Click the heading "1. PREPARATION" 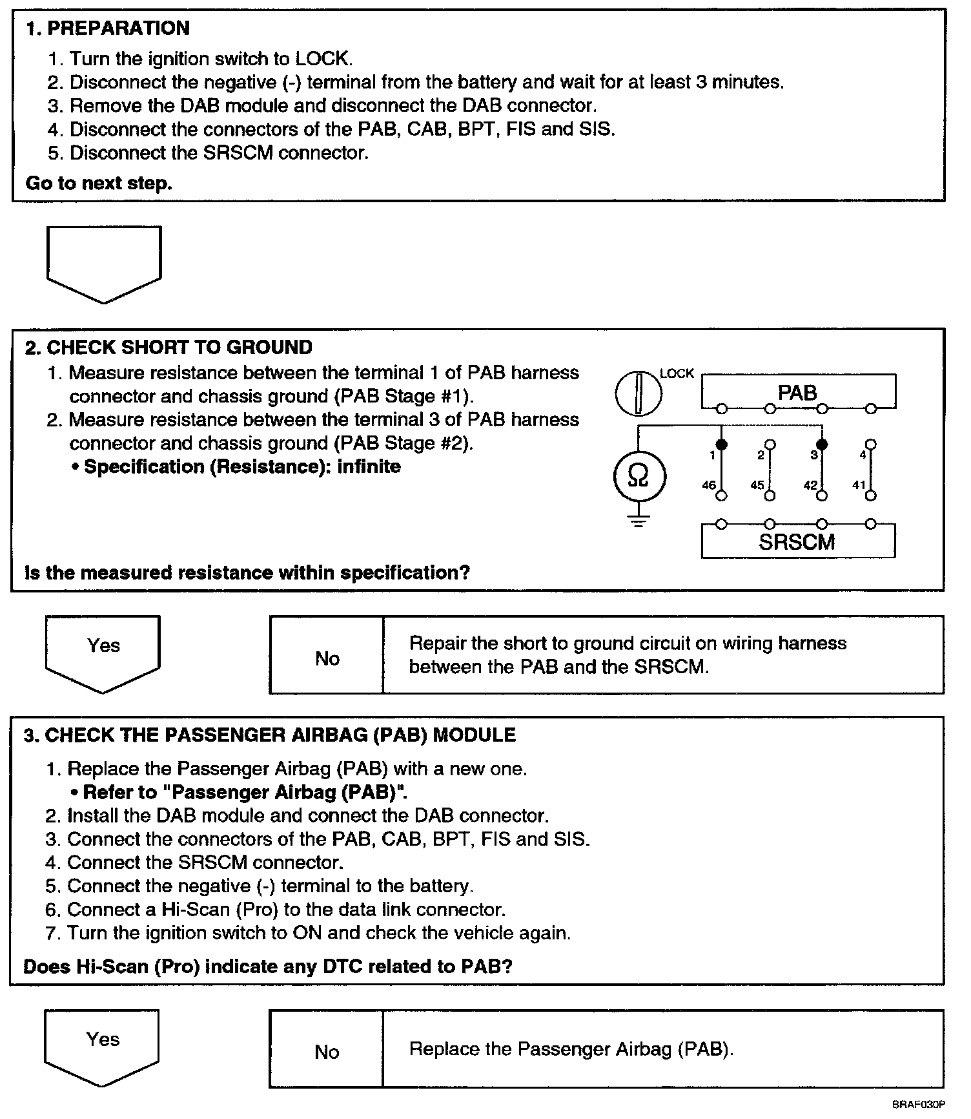point(107,28)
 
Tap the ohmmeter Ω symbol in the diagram point(638,477)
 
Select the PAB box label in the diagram point(797,393)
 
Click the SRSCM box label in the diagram point(797,541)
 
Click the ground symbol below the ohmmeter point(638,521)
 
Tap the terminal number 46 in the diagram point(709,485)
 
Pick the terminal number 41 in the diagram point(859,485)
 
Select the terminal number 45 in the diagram point(757,485)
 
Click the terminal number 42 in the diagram point(811,485)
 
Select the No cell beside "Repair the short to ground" point(327,658)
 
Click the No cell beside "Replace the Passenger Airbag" point(327,1052)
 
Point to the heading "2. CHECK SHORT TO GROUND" point(169,348)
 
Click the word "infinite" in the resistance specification point(369,466)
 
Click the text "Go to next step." point(99,183)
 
